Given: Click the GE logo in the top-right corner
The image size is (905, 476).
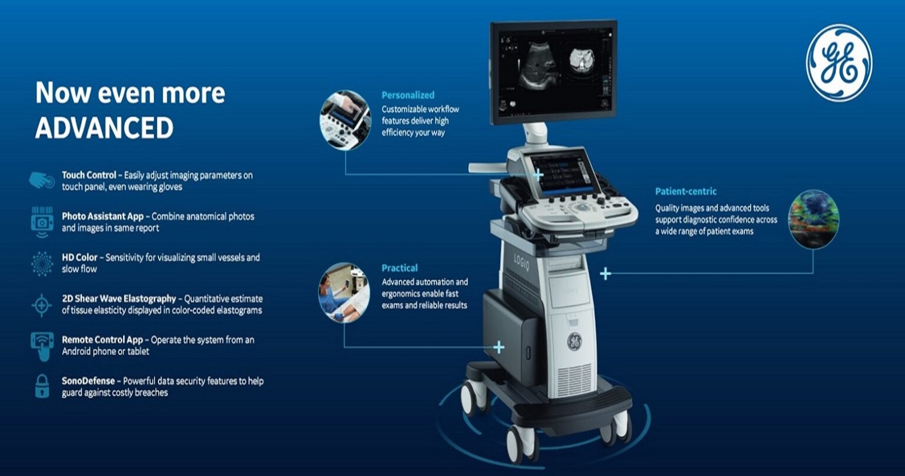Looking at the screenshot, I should click(x=838, y=63).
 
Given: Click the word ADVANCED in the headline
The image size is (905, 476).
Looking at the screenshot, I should click(x=104, y=128).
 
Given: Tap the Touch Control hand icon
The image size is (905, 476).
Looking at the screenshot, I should click(x=42, y=180).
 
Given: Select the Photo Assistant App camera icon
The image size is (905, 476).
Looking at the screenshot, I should click(x=42, y=222).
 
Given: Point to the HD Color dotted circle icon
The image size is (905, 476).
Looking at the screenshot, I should click(x=42, y=264).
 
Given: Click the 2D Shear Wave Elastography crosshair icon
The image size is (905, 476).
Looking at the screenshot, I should click(x=42, y=305).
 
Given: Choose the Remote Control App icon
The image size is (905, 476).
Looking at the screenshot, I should click(x=42, y=346).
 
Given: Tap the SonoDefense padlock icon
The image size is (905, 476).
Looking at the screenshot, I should click(x=42, y=386).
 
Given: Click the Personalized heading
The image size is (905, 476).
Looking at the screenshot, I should click(x=408, y=95).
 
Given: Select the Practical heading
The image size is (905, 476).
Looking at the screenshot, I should click(x=399, y=268).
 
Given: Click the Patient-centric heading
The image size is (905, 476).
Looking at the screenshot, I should click(x=686, y=192).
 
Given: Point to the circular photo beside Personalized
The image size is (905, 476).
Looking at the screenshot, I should click(x=345, y=120).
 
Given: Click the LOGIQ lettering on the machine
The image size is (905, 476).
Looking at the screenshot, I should click(x=521, y=261).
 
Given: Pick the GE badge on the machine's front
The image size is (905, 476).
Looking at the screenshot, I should click(x=574, y=341).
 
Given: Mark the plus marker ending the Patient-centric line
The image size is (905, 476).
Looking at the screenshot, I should click(x=605, y=273).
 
